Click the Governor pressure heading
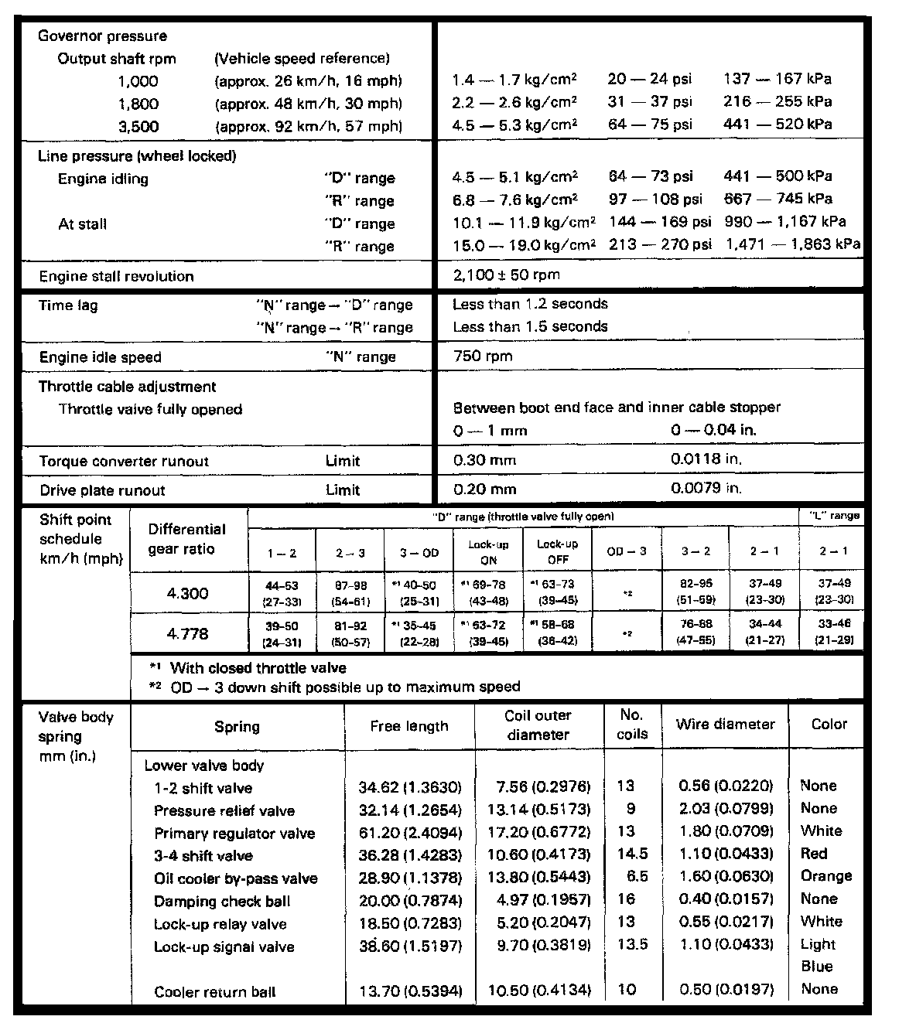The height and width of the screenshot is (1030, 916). [102, 36]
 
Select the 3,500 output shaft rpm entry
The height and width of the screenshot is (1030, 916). [138, 126]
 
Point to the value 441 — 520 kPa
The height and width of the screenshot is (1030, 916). [778, 124]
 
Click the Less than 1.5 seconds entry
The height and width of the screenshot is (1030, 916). [530, 326]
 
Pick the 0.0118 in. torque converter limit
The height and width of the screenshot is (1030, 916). [706, 459]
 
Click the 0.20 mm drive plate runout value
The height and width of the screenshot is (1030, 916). [484, 489]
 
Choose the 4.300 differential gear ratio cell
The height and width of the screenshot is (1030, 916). [188, 594]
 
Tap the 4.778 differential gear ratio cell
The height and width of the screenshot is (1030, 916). [188, 634]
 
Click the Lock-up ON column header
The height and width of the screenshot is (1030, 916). [488, 552]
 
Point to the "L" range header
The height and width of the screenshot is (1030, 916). [833, 516]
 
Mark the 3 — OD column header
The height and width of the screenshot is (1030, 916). [419, 553]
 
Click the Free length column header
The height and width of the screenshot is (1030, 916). [408, 726]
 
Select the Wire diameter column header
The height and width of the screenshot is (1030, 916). [725, 725]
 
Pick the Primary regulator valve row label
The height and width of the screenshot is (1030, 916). [234, 834]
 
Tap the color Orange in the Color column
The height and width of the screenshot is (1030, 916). [826, 876]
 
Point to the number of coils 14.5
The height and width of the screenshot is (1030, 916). [632, 854]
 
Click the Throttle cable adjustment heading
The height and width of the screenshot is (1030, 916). [128, 387]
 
